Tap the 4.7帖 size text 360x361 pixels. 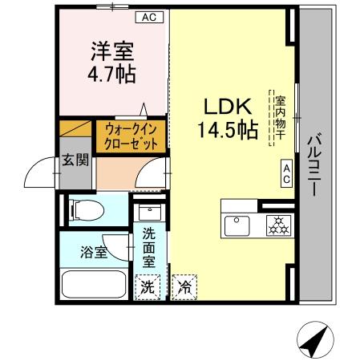(x=111, y=74)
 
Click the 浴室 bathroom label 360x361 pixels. (x=91, y=253)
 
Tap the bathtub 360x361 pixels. (x=93, y=286)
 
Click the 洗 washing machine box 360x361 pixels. (x=148, y=286)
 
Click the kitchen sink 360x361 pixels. (x=238, y=225)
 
